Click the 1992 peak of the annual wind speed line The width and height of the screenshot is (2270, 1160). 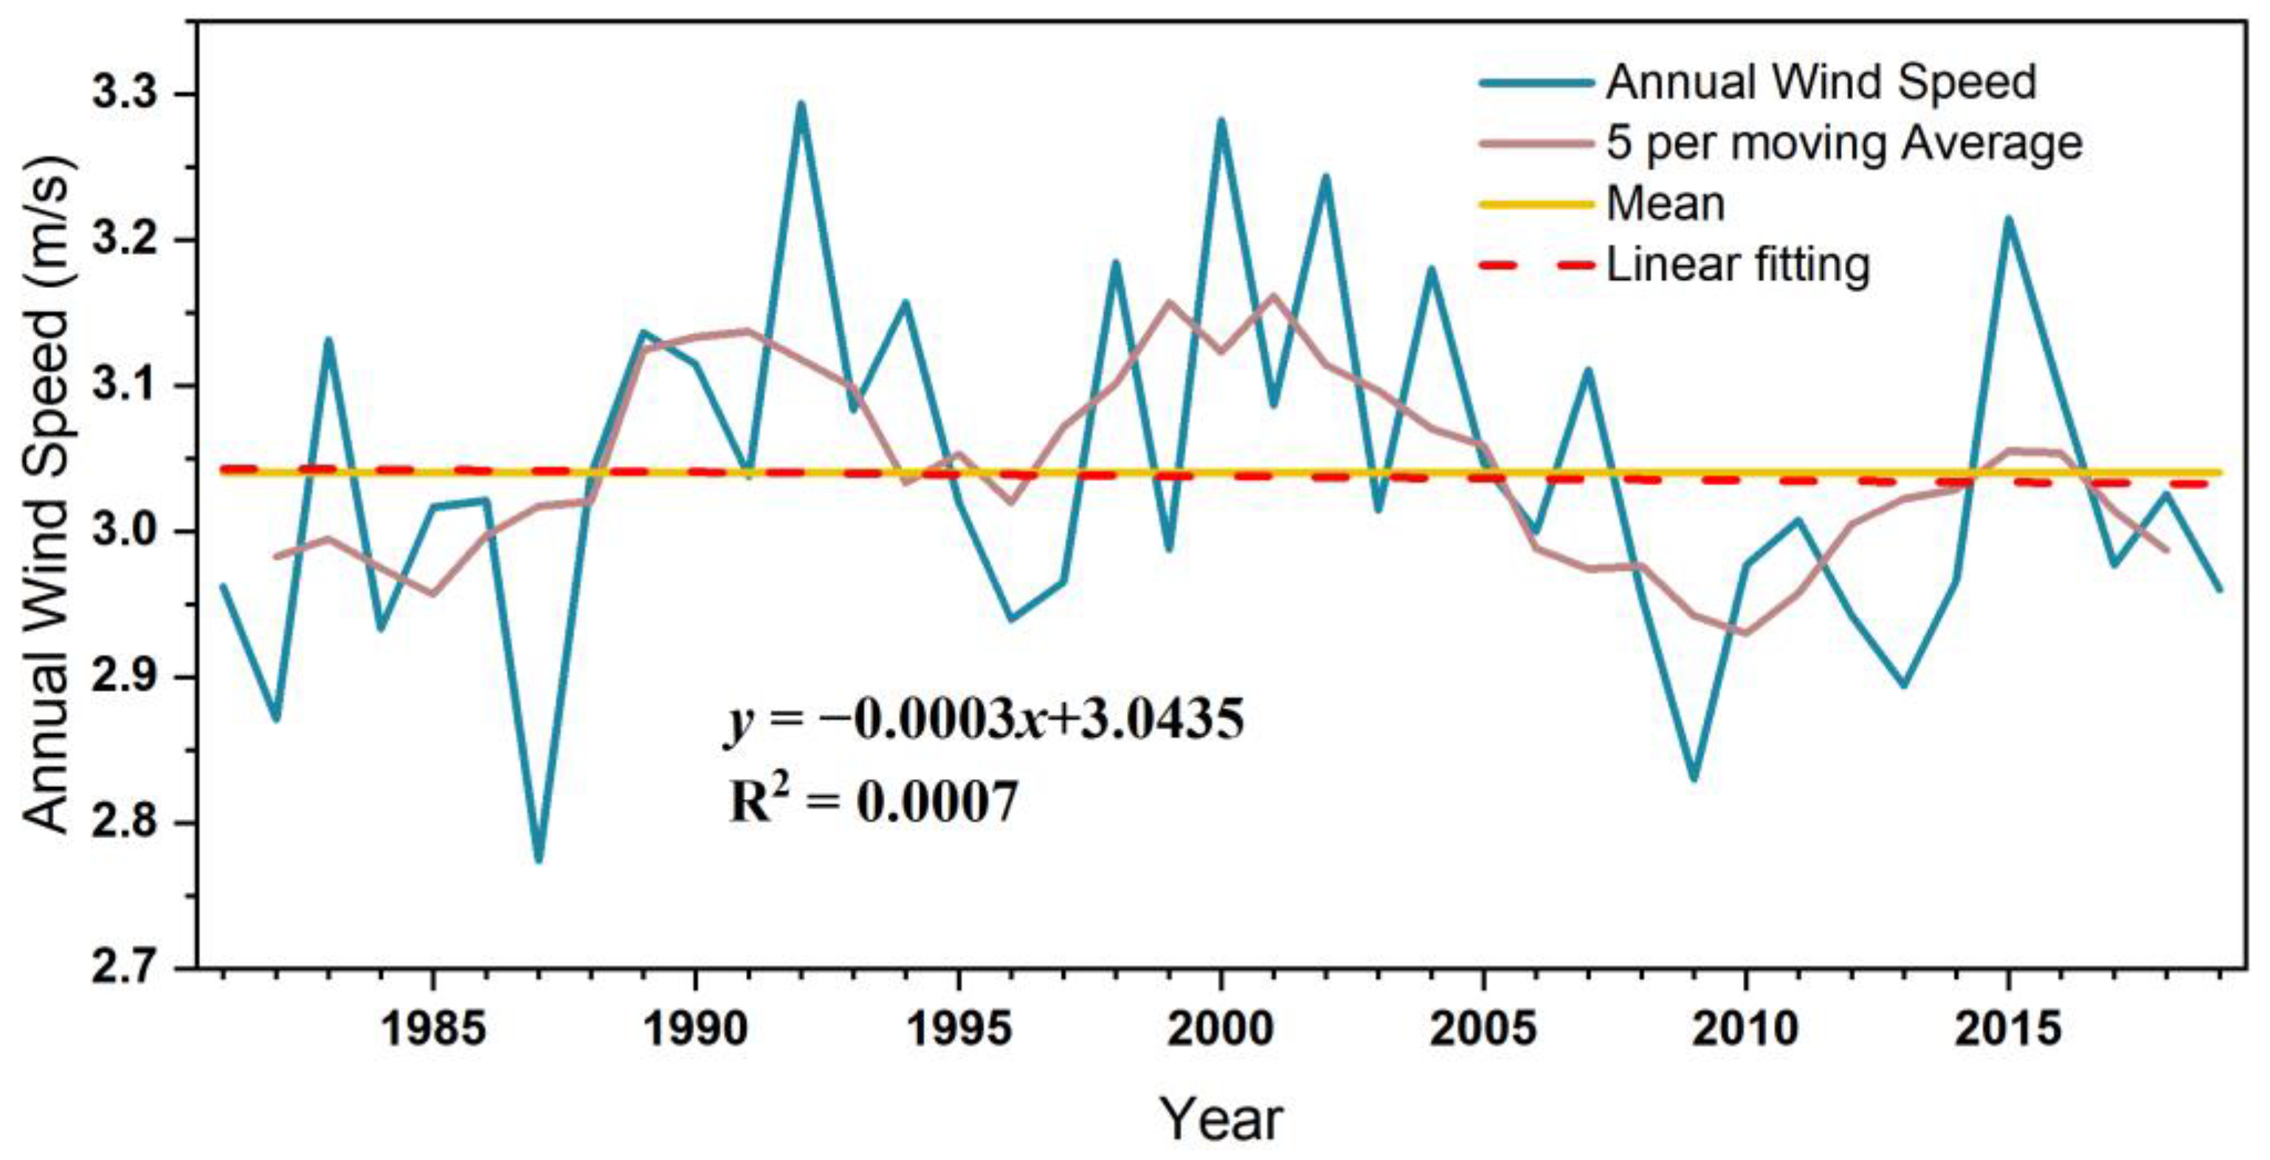click(800, 104)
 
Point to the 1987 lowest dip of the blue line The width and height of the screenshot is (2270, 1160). click(539, 859)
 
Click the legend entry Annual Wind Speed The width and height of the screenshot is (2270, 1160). click(1821, 83)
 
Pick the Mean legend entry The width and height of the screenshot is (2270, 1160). click(1666, 205)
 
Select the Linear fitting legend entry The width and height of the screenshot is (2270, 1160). click(1738, 265)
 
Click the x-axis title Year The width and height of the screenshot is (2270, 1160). click(1221, 1119)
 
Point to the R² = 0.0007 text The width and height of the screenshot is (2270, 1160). click(872, 801)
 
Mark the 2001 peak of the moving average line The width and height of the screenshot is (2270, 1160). click(1272, 296)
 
